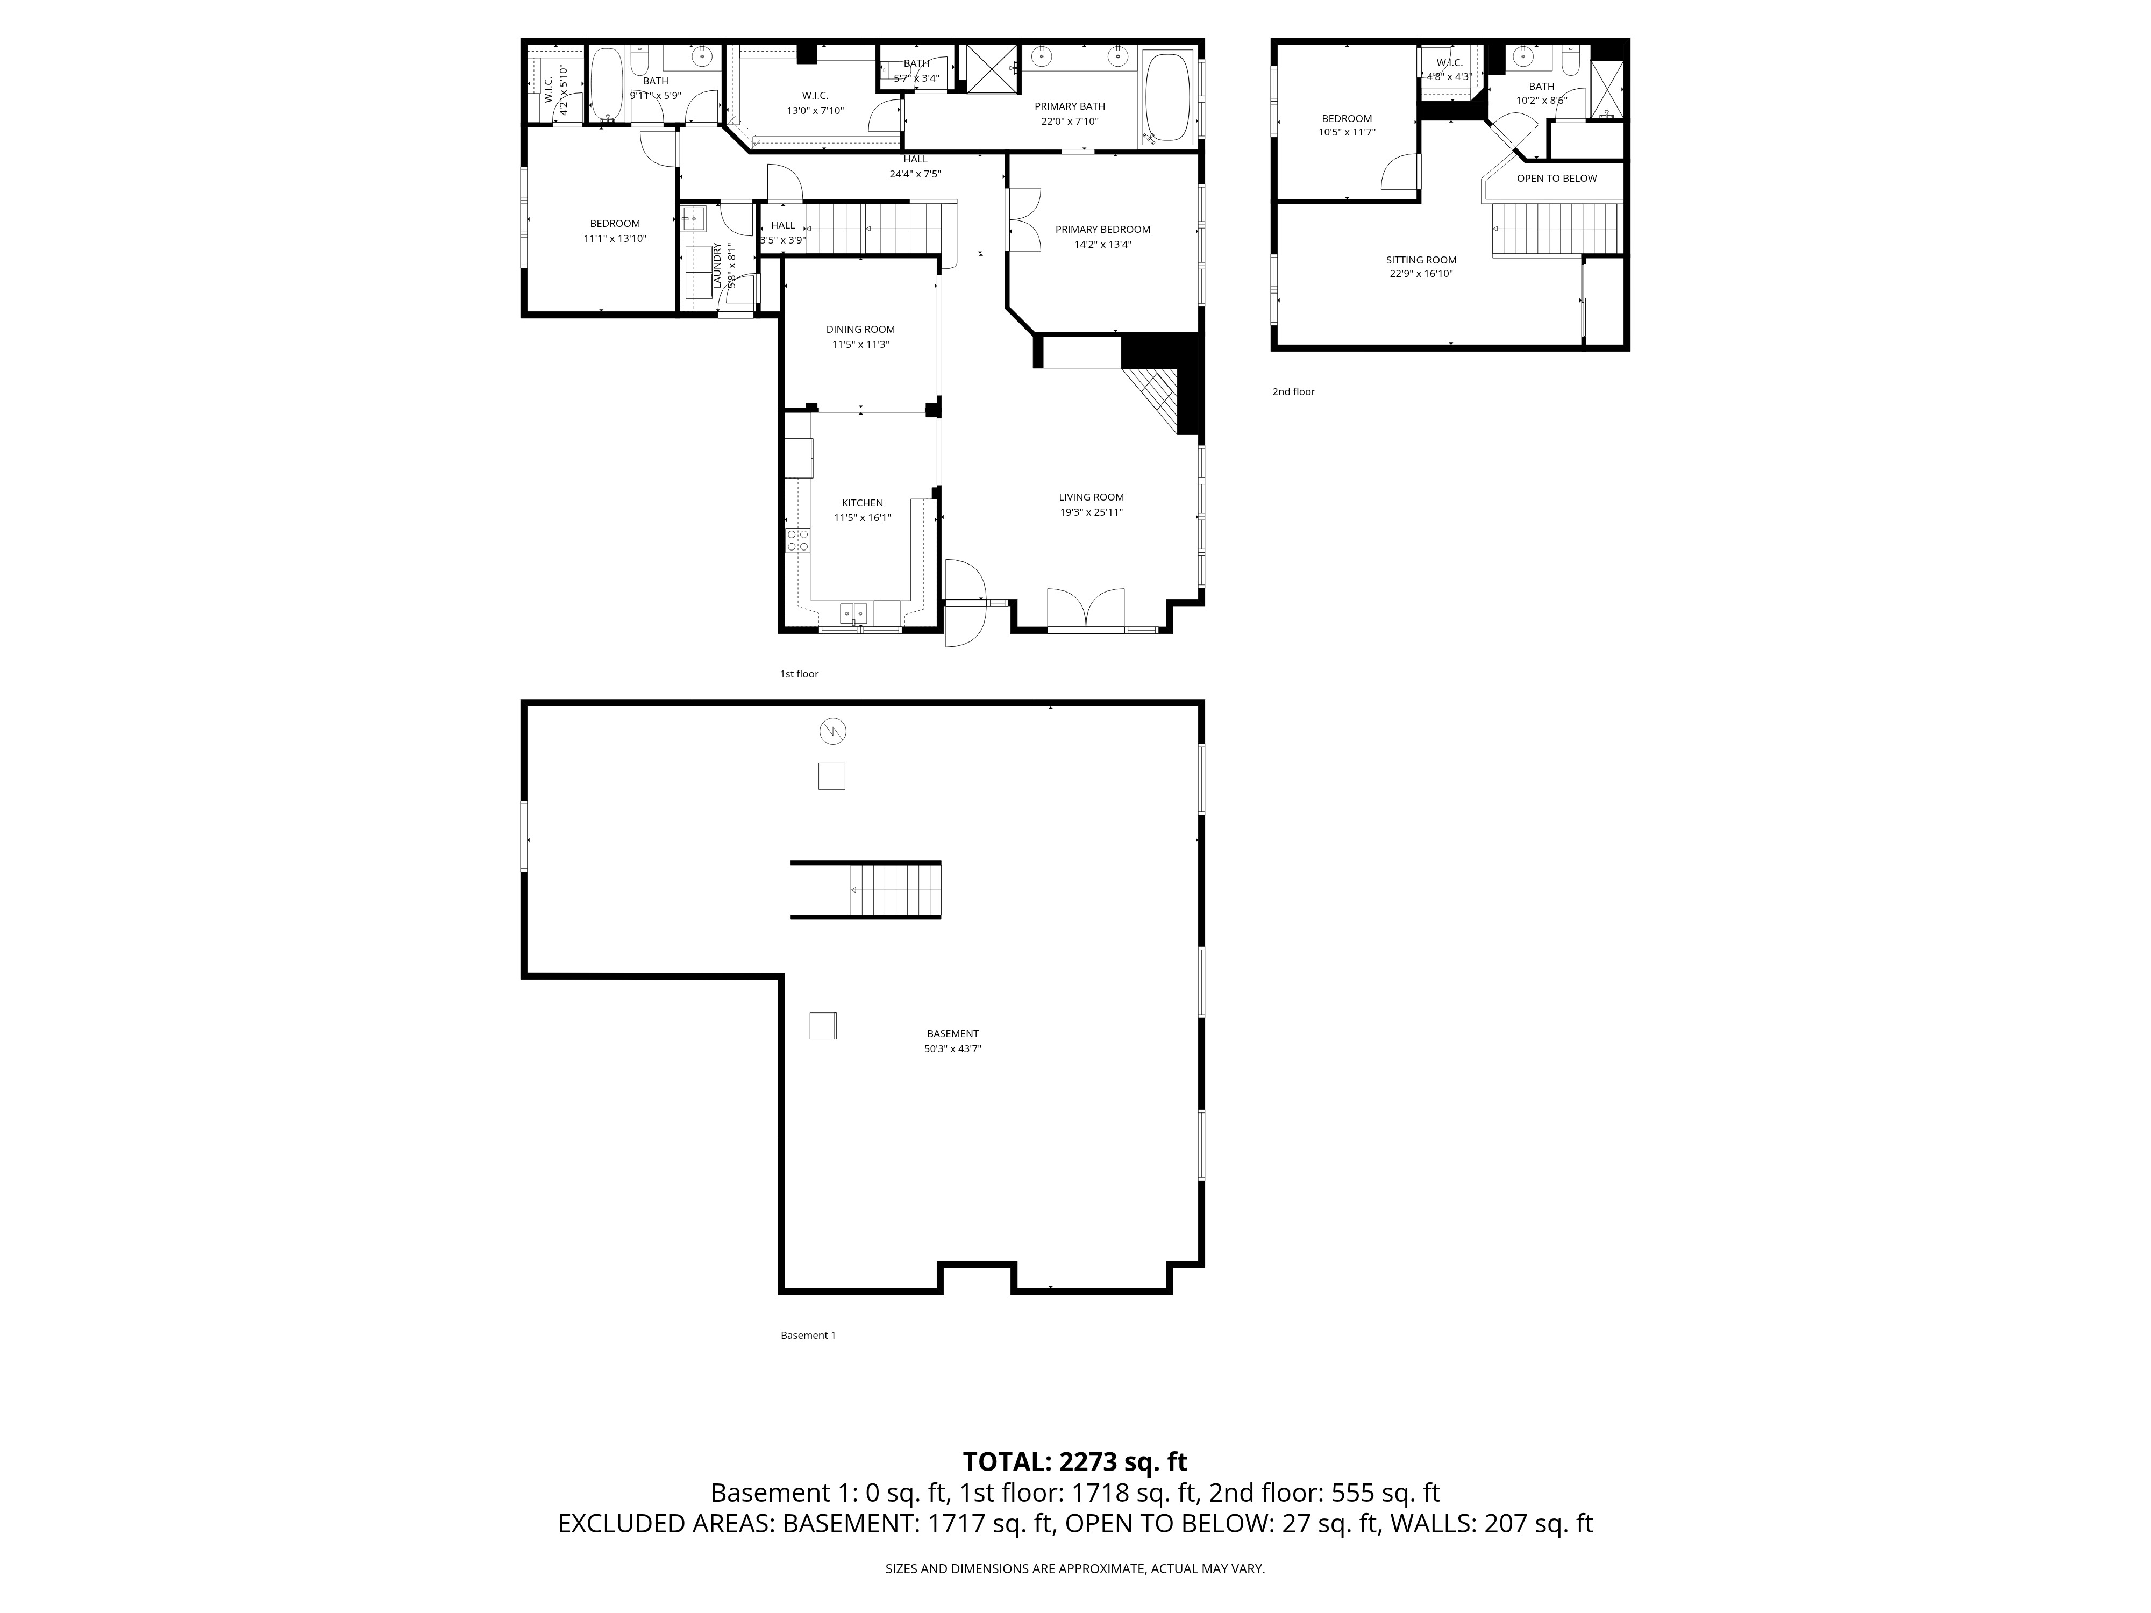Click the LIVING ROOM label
(1091, 497)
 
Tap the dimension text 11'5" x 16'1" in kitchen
(861, 518)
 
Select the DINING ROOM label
(860, 330)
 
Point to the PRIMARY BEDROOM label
(1103, 230)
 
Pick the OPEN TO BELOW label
(1556, 178)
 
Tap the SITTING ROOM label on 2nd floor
(1421, 260)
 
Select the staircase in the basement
(895, 890)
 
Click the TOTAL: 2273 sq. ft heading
(1074, 1461)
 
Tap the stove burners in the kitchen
(797, 540)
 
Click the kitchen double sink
(853, 612)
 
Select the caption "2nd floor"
(1293, 392)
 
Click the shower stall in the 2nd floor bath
(1606, 89)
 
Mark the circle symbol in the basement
(832, 730)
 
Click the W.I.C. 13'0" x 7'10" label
(815, 103)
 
